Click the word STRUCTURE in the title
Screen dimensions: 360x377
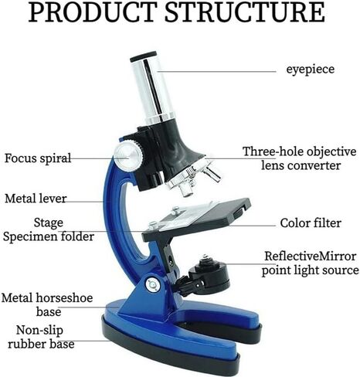(245, 12)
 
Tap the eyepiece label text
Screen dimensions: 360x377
(311, 70)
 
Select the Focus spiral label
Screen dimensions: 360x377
(38, 158)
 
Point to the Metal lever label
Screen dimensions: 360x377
(36, 199)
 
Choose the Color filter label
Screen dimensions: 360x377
(311, 223)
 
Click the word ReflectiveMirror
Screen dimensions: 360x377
(311, 256)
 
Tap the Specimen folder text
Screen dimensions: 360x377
(49, 236)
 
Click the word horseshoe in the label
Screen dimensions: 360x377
(64, 298)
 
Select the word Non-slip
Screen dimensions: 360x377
(39, 331)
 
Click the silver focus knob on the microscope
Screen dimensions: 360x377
(128, 156)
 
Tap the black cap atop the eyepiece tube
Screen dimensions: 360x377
(143, 56)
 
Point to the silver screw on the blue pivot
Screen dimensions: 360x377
(153, 285)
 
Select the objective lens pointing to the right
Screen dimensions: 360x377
(212, 174)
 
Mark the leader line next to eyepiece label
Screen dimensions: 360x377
(217, 71)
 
